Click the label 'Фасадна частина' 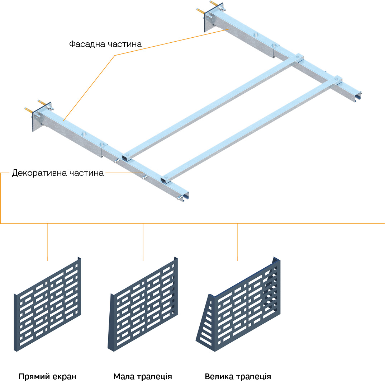coord(105,44)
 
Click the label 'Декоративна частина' coord(58,173)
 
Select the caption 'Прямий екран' coord(48,377)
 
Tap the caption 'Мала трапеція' coord(143,377)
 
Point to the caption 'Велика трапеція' coord(238,377)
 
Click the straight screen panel coord(48,305)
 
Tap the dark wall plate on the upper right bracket coord(207,20)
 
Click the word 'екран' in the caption coord(66,377)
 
